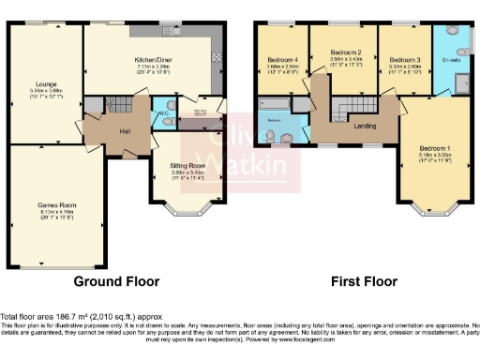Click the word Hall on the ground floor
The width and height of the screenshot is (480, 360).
(124, 131)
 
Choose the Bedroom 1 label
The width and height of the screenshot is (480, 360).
(434, 149)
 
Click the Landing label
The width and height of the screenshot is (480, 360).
(365, 127)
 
